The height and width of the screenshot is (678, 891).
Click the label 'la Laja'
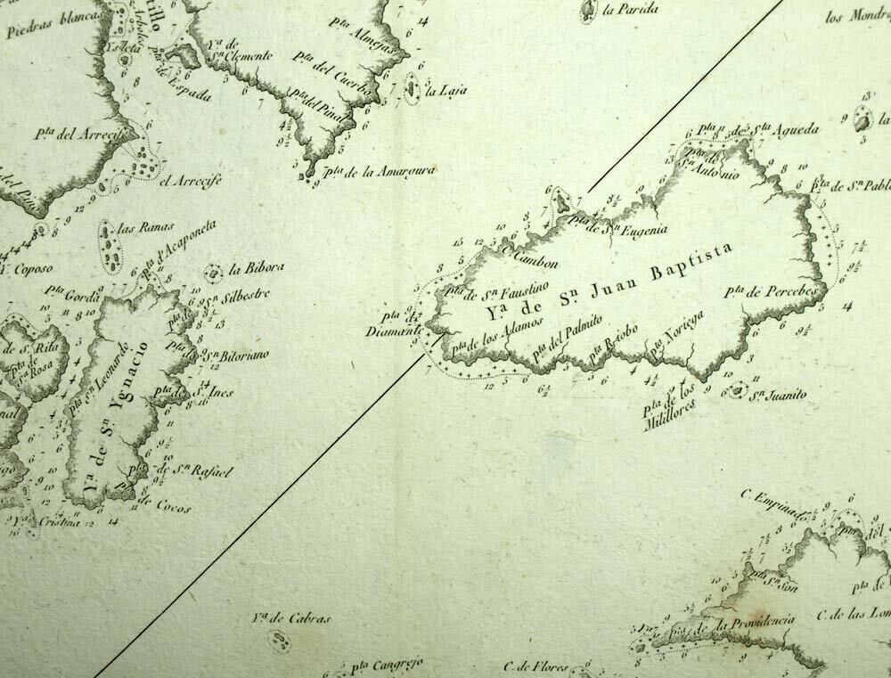pyautogui.click(x=445, y=91)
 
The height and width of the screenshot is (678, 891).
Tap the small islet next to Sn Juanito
pyautogui.click(x=736, y=390)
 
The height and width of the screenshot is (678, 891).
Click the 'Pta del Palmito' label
pyautogui.click(x=568, y=338)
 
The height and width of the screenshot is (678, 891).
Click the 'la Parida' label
pyautogui.click(x=631, y=10)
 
